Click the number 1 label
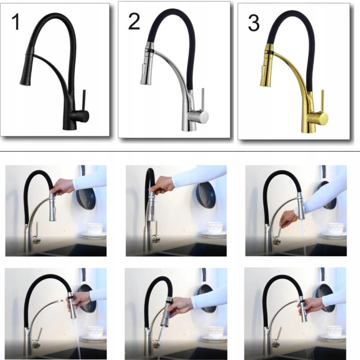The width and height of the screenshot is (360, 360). pyautogui.click(x=15, y=22)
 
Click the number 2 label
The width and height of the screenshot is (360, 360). pyautogui.click(x=134, y=21)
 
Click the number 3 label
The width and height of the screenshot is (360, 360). pyautogui.click(x=254, y=23)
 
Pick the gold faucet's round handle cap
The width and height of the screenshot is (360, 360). pyautogui.click(x=323, y=118)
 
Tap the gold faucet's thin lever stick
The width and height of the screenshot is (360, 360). pyautogui.click(x=322, y=101)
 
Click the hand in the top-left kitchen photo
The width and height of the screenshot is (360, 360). pyautogui.click(x=62, y=186)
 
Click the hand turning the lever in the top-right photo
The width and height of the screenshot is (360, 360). pyautogui.click(x=289, y=218)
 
